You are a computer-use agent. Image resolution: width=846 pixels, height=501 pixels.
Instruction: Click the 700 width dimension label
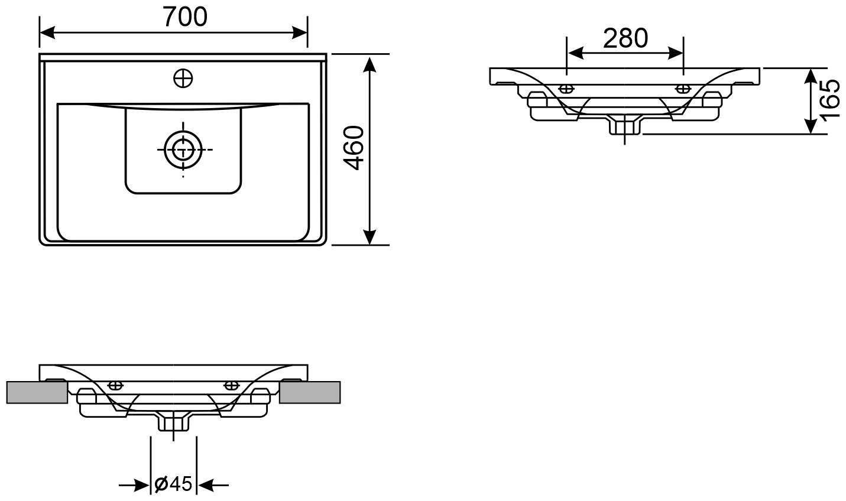tap(185, 17)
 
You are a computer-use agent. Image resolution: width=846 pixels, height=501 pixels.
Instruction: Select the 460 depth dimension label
tap(354, 148)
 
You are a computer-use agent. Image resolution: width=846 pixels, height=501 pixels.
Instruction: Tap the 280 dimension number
tap(625, 38)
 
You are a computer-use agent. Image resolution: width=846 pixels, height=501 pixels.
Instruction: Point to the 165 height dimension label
tap(830, 100)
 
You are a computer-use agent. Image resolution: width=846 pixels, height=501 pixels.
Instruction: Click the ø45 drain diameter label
tap(173, 484)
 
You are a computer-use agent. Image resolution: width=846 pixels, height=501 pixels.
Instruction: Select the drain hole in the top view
tap(183, 150)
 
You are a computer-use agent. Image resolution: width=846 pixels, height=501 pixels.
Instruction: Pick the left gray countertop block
tap(37, 392)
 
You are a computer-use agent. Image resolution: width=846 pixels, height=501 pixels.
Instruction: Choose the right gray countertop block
tap(310, 392)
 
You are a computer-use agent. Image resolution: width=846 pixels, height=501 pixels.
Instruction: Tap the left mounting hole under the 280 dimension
tap(566, 89)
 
